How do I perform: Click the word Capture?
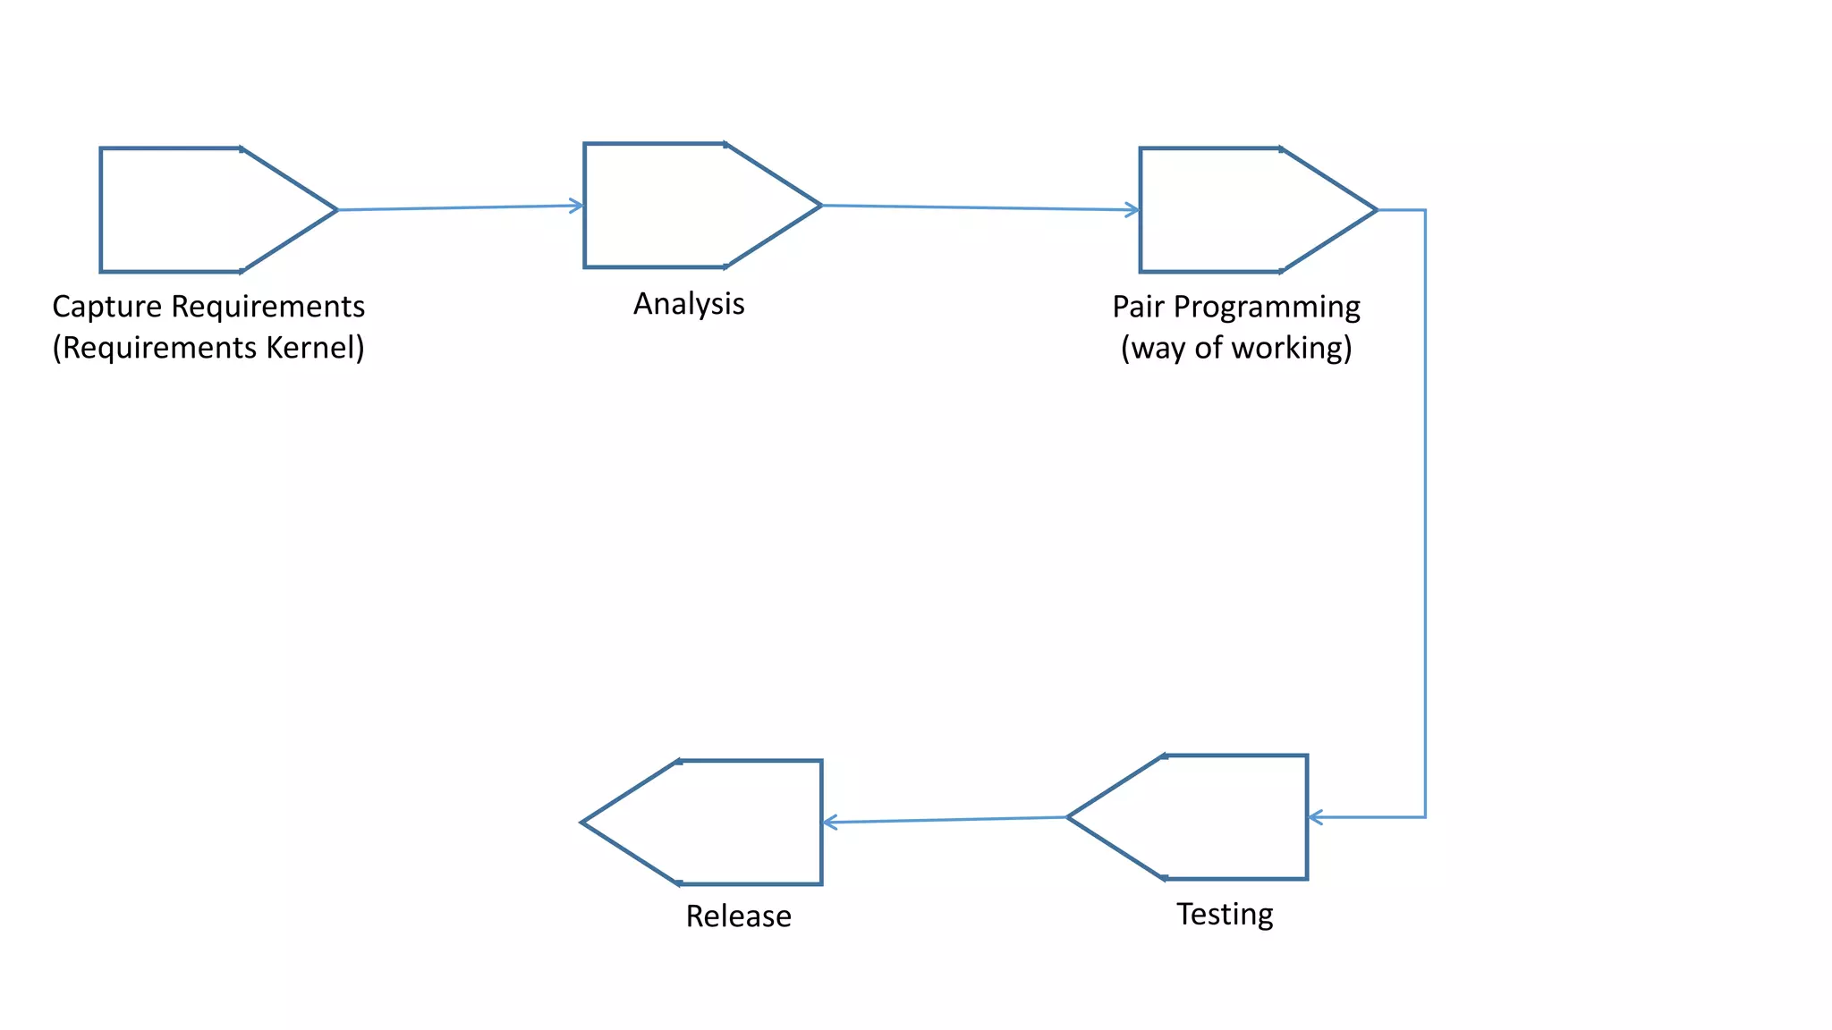click(x=107, y=307)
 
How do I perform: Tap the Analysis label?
click(x=689, y=304)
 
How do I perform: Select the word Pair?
click(x=1138, y=307)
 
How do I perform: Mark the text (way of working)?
click(x=1236, y=348)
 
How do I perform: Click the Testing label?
click(x=1225, y=914)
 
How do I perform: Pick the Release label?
click(x=738, y=916)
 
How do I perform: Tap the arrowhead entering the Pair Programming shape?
click(x=1133, y=210)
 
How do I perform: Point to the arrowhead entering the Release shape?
click(x=829, y=822)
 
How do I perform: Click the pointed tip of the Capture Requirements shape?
click(x=335, y=210)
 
